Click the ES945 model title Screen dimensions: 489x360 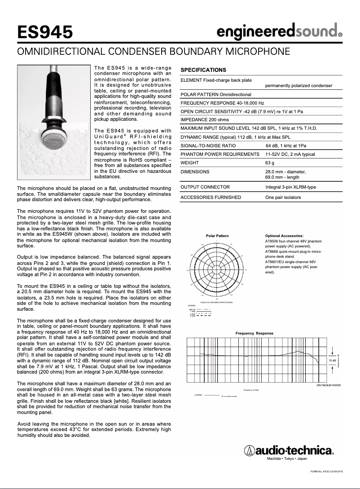pos(45,32)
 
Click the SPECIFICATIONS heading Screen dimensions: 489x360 pos(203,70)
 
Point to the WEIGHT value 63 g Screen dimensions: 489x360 pos(270,163)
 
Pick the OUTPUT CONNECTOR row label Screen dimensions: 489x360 pos(205,187)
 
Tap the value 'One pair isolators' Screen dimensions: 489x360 pos(283,197)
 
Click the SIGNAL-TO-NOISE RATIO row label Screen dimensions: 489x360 pos(208,145)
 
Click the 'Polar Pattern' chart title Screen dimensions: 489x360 pos(217,236)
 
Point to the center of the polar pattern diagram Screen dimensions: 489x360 pos(217,270)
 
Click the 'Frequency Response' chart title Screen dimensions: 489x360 pos(254,333)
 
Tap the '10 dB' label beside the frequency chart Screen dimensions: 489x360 pos(332,361)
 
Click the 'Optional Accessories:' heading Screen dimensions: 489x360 pos(284,236)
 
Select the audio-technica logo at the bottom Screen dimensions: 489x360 pos(290,449)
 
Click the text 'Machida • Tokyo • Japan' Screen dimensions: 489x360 pos(287,458)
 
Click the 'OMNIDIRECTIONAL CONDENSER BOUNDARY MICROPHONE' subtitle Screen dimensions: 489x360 pos(153,51)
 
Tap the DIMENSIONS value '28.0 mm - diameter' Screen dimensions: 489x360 pos(285,172)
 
